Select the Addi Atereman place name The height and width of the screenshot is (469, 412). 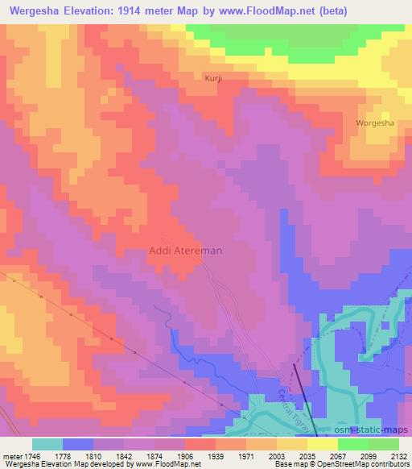click(x=186, y=251)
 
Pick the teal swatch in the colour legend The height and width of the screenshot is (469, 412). click(x=47, y=444)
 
